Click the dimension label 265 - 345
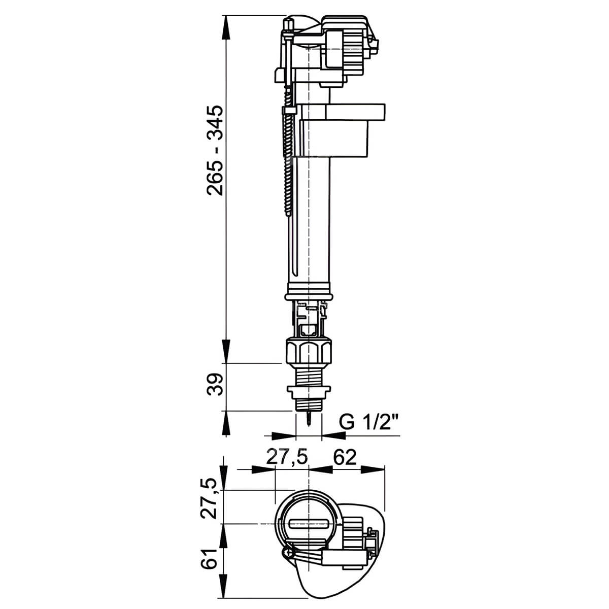(x=215, y=150)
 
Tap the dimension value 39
(x=215, y=385)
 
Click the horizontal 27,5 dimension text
(x=287, y=457)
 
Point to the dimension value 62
(x=345, y=457)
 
